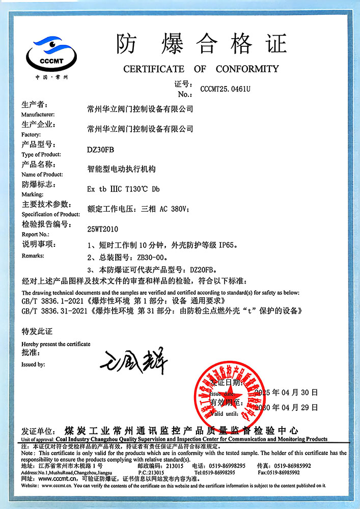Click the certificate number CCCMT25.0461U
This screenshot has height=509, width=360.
point(225,89)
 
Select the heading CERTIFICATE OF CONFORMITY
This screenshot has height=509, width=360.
point(201,69)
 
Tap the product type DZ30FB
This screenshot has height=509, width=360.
point(98,149)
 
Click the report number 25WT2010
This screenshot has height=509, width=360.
point(103,229)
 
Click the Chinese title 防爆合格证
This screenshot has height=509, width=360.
point(201,43)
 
